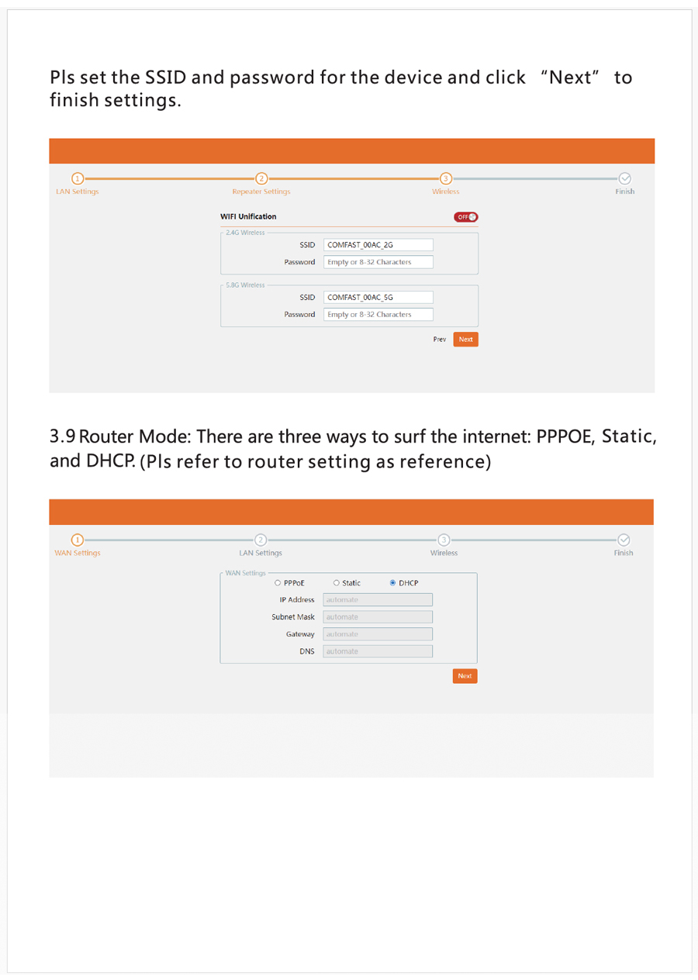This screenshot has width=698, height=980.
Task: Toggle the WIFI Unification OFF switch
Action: pyautogui.click(x=465, y=217)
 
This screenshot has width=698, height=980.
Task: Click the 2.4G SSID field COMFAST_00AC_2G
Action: pyautogui.click(x=378, y=244)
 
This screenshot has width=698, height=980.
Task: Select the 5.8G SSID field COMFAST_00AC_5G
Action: pyautogui.click(x=378, y=297)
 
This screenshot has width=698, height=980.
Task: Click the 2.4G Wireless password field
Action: pyautogui.click(x=378, y=261)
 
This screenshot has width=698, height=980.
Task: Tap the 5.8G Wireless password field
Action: pyautogui.click(x=378, y=314)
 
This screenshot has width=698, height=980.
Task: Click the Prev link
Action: pyautogui.click(x=440, y=340)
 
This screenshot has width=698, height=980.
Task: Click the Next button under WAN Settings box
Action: pyautogui.click(x=465, y=676)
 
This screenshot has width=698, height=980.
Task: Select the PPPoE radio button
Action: pyautogui.click(x=278, y=583)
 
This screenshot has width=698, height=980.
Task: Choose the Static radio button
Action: pyautogui.click(x=336, y=583)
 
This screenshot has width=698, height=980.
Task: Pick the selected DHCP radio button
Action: pyautogui.click(x=392, y=583)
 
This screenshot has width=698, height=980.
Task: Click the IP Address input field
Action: pyautogui.click(x=378, y=599)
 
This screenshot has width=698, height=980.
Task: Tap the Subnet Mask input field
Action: pyautogui.click(x=378, y=617)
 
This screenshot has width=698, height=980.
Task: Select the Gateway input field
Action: pyautogui.click(x=378, y=634)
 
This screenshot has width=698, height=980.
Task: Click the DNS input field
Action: pyautogui.click(x=378, y=651)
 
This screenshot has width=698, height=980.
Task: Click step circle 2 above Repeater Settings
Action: pyautogui.click(x=261, y=178)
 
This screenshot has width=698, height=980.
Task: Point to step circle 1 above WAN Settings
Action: pyautogui.click(x=78, y=540)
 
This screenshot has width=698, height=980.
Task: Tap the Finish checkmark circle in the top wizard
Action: pyautogui.click(x=624, y=178)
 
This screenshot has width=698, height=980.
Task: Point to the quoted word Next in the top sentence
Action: pyautogui.click(x=570, y=78)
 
